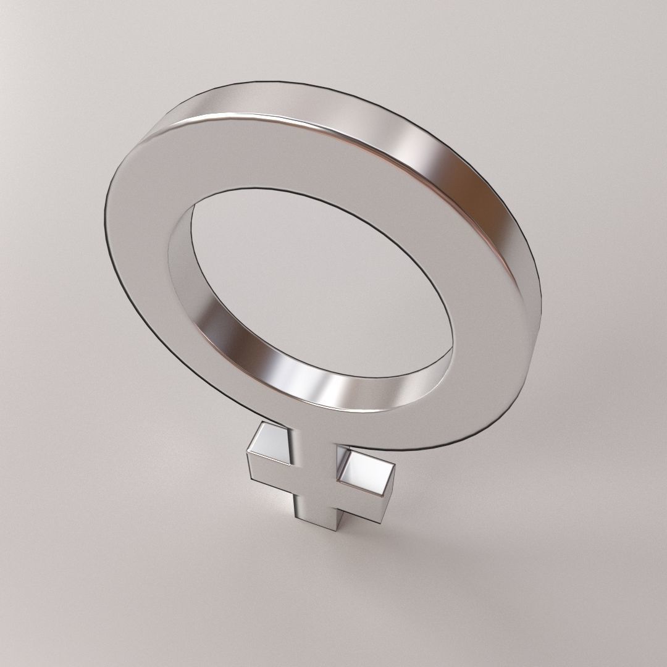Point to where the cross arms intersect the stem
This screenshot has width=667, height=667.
tap(312, 488)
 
